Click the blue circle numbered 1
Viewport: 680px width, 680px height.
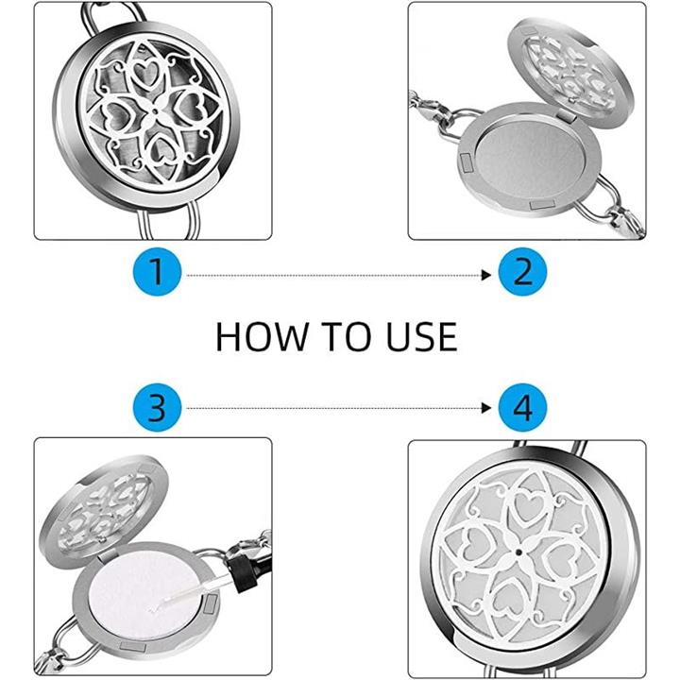(157, 272)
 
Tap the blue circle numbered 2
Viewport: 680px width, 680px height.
(522, 272)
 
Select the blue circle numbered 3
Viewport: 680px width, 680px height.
(157, 408)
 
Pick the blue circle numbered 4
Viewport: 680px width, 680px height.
(522, 408)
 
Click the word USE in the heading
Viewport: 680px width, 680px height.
(421, 337)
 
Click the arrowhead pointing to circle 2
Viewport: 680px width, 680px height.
(486, 275)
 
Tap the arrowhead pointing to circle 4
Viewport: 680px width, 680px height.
(486, 408)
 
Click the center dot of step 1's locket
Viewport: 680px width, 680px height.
(156, 111)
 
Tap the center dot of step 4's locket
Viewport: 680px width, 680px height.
(518, 552)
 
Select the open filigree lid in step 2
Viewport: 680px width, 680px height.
(570, 74)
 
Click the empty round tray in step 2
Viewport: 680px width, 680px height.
(530, 160)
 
